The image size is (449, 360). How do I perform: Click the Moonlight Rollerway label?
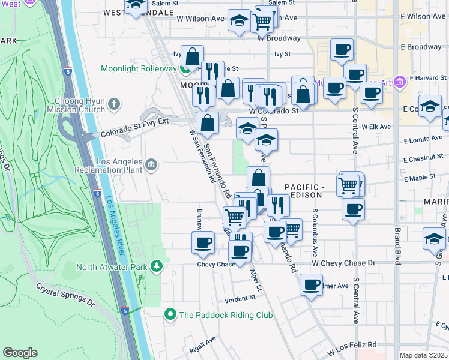pyautogui.click(x=140, y=68)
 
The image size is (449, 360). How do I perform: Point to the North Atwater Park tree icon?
pyautogui.click(x=157, y=266)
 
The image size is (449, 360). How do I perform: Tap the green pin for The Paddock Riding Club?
pyautogui.click(x=170, y=314)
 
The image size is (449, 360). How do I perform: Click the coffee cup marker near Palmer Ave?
pyautogui.click(x=311, y=284)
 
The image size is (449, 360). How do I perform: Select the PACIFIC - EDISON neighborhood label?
pyautogui.click(x=304, y=191)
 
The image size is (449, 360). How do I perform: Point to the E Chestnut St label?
pyautogui.click(x=423, y=160)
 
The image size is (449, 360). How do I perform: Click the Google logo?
pyautogui.click(x=20, y=353)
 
